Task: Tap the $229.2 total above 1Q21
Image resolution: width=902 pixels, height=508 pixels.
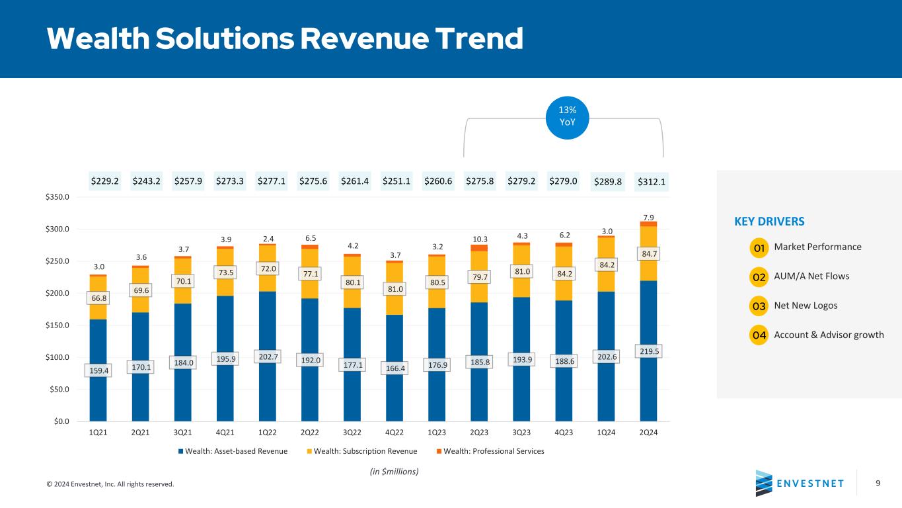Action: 104,181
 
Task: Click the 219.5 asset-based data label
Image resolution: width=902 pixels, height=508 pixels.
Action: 649,351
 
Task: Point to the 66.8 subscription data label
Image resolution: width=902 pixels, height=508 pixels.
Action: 98,298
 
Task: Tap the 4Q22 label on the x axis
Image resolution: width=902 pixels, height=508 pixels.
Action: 394,433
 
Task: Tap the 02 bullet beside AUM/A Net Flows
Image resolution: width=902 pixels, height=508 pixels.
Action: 759,277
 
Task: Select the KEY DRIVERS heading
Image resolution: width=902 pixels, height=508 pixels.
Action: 769,222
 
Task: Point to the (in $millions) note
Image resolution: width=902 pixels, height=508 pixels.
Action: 394,472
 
